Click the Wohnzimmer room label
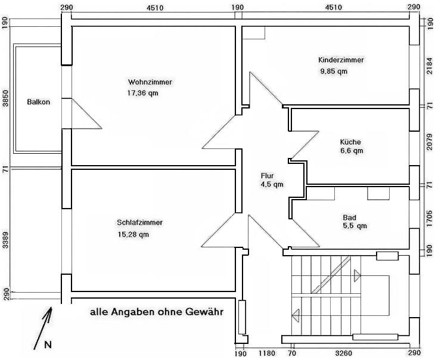pyautogui.click(x=150, y=82)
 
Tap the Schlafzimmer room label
pyautogui.click(x=139, y=222)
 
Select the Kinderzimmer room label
pyautogui.click(x=341, y=60)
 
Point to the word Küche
pyautogui.click(x=350, y=142)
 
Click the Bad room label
pyautogui.click(x=349, y=218)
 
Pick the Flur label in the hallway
pyautogui.click(x=267, y=176)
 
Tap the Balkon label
pyautogui.click(x=39, y=102)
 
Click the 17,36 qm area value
pyautogui.click(x=142, y=93)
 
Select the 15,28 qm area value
pyautogui.click(x=133, y=235)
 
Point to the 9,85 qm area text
pyautogui.click(x=334, y=72)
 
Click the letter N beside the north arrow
pyautogui.click(x=48, y=345)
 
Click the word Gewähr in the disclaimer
pyautogui.click(x=204, y=312)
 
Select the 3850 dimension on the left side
pyautogui.click(x=5, y=98)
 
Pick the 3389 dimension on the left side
pyautogui.click(x=5, y=241)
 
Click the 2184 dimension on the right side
pyautogui.click(x=430, y=66)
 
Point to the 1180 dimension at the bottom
pyautogui.click(x=267, y=353)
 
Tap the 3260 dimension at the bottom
pyautogui.click(x=343, y=353)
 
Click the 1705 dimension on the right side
pyautogui.click(x=430, y=219)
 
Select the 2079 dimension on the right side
pyautogui.click(x=430, y=142)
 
